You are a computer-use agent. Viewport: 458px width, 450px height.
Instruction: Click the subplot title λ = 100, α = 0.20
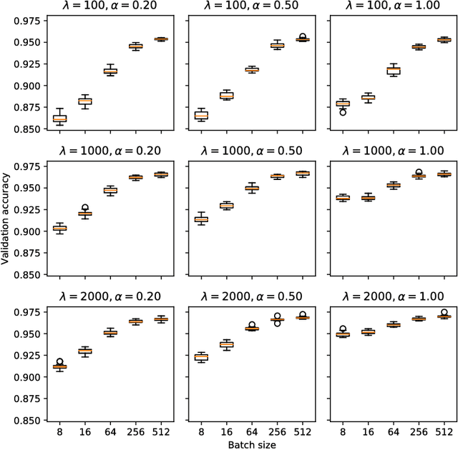pos(107,8)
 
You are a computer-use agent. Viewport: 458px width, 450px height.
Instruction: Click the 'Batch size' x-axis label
pos(250,444)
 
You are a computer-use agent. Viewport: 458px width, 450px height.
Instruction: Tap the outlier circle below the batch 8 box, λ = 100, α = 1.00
pos(343,112)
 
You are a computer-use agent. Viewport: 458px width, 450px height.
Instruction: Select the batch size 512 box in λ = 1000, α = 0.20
pos(161,174)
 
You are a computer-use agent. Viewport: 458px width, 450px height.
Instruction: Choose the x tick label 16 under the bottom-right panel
pos(369,431)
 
